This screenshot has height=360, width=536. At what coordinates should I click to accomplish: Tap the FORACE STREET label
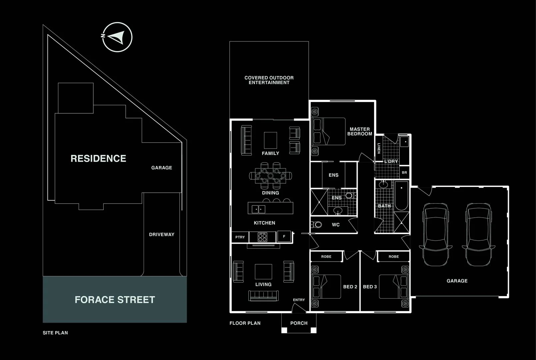pos(115,300)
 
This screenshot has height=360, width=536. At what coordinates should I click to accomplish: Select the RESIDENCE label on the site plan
pos(98,158)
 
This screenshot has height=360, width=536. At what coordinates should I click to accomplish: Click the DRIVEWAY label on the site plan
pos(162,234)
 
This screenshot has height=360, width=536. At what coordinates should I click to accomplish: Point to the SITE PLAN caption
pos(55,333)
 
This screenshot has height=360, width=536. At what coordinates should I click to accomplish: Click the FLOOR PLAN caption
pos(245,323)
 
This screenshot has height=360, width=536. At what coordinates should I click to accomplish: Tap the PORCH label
pos(299,323)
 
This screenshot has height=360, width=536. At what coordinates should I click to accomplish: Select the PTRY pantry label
pos(240,237)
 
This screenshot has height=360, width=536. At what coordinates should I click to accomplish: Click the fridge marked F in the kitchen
pos(284,236)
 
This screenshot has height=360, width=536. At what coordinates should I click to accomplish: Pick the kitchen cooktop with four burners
pos(262,237)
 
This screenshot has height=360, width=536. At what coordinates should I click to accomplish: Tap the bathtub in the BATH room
pos(401,196)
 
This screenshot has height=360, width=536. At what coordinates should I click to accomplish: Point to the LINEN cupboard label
pos(379,148)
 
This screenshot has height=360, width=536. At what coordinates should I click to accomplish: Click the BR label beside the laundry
pos(404,173)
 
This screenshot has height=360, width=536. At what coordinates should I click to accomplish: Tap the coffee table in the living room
pos(263,272)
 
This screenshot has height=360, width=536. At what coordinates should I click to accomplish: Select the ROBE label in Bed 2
pos(326,257)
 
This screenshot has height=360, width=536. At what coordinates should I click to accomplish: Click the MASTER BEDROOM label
pos(360,131)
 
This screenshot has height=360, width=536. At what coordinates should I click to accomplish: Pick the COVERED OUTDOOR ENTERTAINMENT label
pos(269,80)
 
